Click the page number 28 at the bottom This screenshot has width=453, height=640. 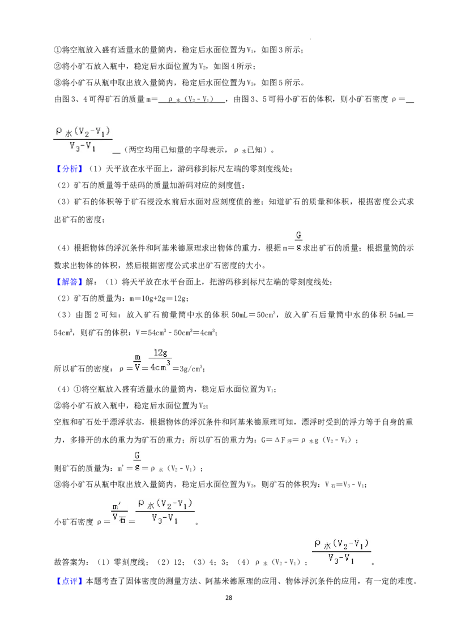(229, 598)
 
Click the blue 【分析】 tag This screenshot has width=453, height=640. (69, 168)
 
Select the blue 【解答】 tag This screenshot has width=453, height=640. (69, 282)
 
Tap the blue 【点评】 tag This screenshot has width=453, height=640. (69, 581)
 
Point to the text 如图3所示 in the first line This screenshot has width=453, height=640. (281, 50)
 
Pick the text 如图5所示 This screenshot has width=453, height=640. (281, 83)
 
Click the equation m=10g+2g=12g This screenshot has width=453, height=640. (158, 299)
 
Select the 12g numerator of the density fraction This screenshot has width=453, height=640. (160, 353)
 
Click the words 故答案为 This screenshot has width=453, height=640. (70, 562)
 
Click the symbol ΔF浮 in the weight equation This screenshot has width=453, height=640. (283, 440)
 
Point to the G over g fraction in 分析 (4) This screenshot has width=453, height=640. (298, 241)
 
